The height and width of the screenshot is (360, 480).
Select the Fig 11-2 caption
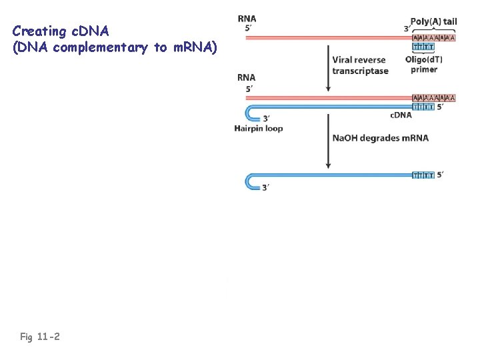tap(40, 337)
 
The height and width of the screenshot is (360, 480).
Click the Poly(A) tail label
tap(434, 21)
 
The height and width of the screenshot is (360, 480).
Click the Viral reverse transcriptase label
tap(360, 66)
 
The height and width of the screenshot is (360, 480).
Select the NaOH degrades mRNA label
tap(380, 139)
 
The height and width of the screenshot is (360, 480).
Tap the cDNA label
tap(401, 115)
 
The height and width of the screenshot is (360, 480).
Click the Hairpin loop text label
tap(259, 129)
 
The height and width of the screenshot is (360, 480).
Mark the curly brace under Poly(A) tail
tap(434, 31)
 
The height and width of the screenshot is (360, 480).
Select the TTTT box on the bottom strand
tap(423, 175)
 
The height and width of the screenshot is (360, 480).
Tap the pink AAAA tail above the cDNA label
tap(434, 97)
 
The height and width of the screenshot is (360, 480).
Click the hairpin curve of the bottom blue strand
tap(249, 181)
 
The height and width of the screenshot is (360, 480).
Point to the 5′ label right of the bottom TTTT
tap(440, 175)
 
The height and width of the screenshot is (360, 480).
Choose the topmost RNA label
tap(247, 19)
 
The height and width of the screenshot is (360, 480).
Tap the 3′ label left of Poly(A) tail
tap(407, 29)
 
